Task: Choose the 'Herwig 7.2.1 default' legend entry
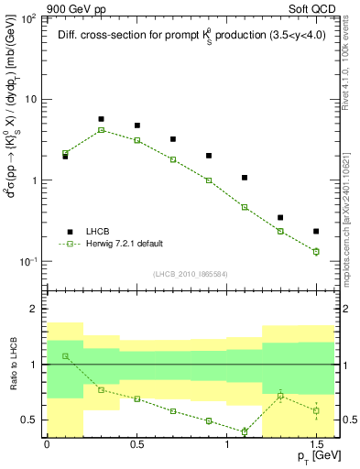124,244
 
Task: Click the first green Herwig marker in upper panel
65,153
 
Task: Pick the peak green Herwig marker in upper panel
101,130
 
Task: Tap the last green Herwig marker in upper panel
316,251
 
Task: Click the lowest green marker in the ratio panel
245,431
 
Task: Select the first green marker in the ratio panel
65,355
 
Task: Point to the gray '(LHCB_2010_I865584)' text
190,274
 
